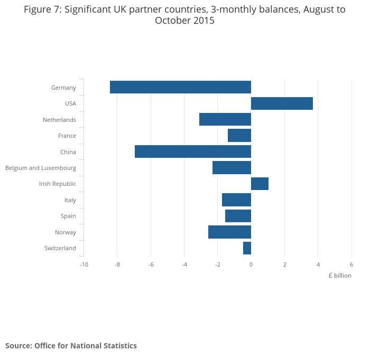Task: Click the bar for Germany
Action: [180, 87]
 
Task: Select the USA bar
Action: [282, 103]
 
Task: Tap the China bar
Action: [193, 151]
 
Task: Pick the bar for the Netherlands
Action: [225, 119]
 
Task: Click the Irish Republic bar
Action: [260, 184]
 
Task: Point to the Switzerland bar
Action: [247, 248]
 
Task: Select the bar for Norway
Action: [229, 232]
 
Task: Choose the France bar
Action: [239, 136]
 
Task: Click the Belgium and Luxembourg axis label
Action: [41, 168]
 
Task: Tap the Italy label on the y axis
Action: [70, 200]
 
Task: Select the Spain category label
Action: [68, 216]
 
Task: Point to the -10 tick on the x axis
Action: [84, 264]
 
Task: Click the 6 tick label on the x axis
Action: [351, 264]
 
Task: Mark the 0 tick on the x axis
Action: [251, 264]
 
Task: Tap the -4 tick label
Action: [184, 264]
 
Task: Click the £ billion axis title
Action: [339, 276]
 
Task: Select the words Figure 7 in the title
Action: [43, 10]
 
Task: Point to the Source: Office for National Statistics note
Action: [71, 346]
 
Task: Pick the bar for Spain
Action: [238, 216]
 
